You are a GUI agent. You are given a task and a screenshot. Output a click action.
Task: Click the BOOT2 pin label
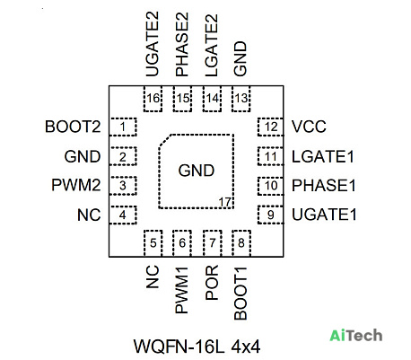click(73, 127)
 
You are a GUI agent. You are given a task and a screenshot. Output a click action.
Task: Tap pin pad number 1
click(123, 127)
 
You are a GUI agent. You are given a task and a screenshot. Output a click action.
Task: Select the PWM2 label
click(76, 185)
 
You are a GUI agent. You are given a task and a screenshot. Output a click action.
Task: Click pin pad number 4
click(123, 215)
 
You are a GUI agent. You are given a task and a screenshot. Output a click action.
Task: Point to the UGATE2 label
click(152, 44)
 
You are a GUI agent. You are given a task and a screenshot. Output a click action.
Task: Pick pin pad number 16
click(153, 99)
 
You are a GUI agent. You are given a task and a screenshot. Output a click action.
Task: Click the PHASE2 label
click(181, 44)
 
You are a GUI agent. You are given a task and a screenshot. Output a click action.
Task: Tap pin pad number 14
click(212, 99)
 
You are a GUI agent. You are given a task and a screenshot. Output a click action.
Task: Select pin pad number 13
click(241, 99)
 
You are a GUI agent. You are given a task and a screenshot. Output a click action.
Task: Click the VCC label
click(309, 127)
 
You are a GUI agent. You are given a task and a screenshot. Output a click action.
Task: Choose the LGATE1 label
click(323, 156)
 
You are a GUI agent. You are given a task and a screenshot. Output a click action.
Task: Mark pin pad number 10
click(270, 186)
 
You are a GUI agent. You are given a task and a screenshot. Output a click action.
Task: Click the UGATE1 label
click(324, 215)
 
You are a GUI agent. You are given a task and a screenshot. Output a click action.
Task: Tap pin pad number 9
click(270, 215)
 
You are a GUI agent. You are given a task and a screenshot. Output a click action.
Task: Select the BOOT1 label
click(240, 294)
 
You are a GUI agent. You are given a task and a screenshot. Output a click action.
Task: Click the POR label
click(212, 283)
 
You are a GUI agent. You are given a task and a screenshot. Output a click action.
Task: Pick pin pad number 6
click(182, 243)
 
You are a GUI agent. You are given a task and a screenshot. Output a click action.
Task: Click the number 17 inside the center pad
click(225, 202)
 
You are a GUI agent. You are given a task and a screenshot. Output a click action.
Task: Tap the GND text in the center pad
click(197, 171)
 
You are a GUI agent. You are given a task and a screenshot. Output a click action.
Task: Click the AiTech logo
click(356, 336)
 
